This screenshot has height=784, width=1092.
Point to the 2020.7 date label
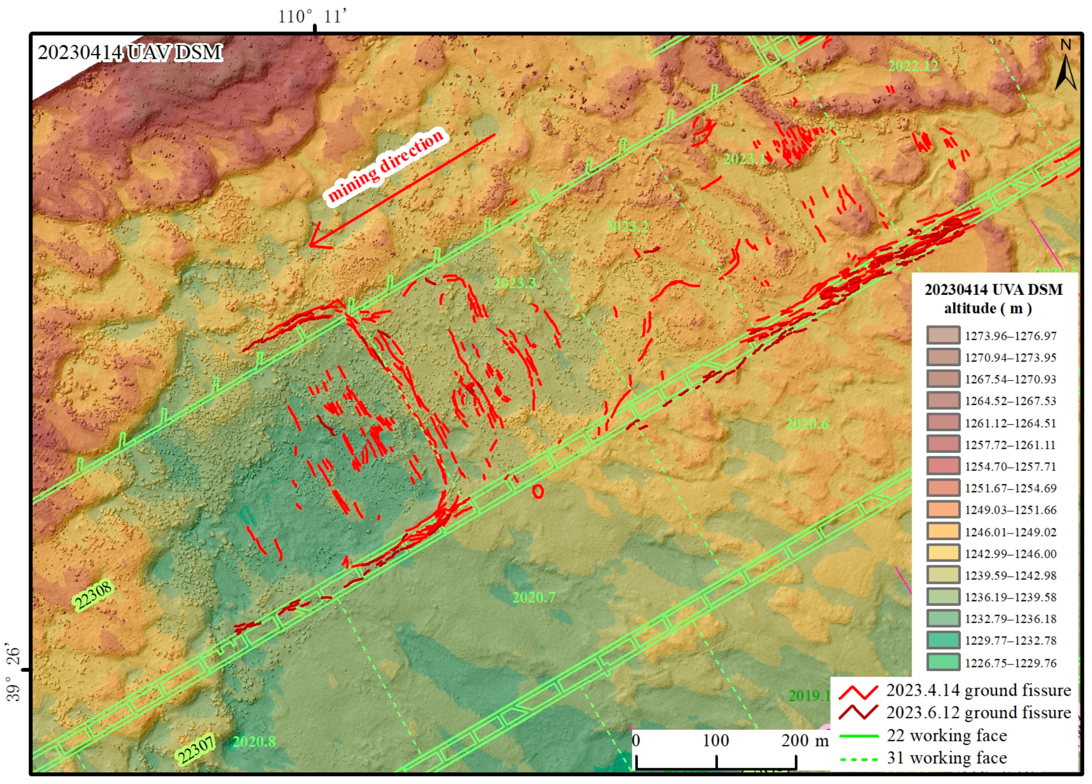tap(534, 597)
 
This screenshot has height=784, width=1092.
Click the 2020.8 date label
tap(254, 742)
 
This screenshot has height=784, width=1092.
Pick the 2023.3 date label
tap(515, 283)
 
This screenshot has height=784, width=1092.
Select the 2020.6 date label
tap(808, 424)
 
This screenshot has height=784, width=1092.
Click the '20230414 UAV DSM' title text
tap(130, 52)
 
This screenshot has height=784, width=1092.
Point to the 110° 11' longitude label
tap(312, 17)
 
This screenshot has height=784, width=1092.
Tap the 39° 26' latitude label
tap(13, 674)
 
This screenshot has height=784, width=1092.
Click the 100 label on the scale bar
tap(716, 740)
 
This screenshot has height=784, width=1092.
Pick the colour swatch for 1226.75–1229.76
tap(943, 662)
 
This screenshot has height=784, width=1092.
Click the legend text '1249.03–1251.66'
tap(1010, 510)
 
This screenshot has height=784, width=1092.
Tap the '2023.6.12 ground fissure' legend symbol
tap(858, 712)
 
